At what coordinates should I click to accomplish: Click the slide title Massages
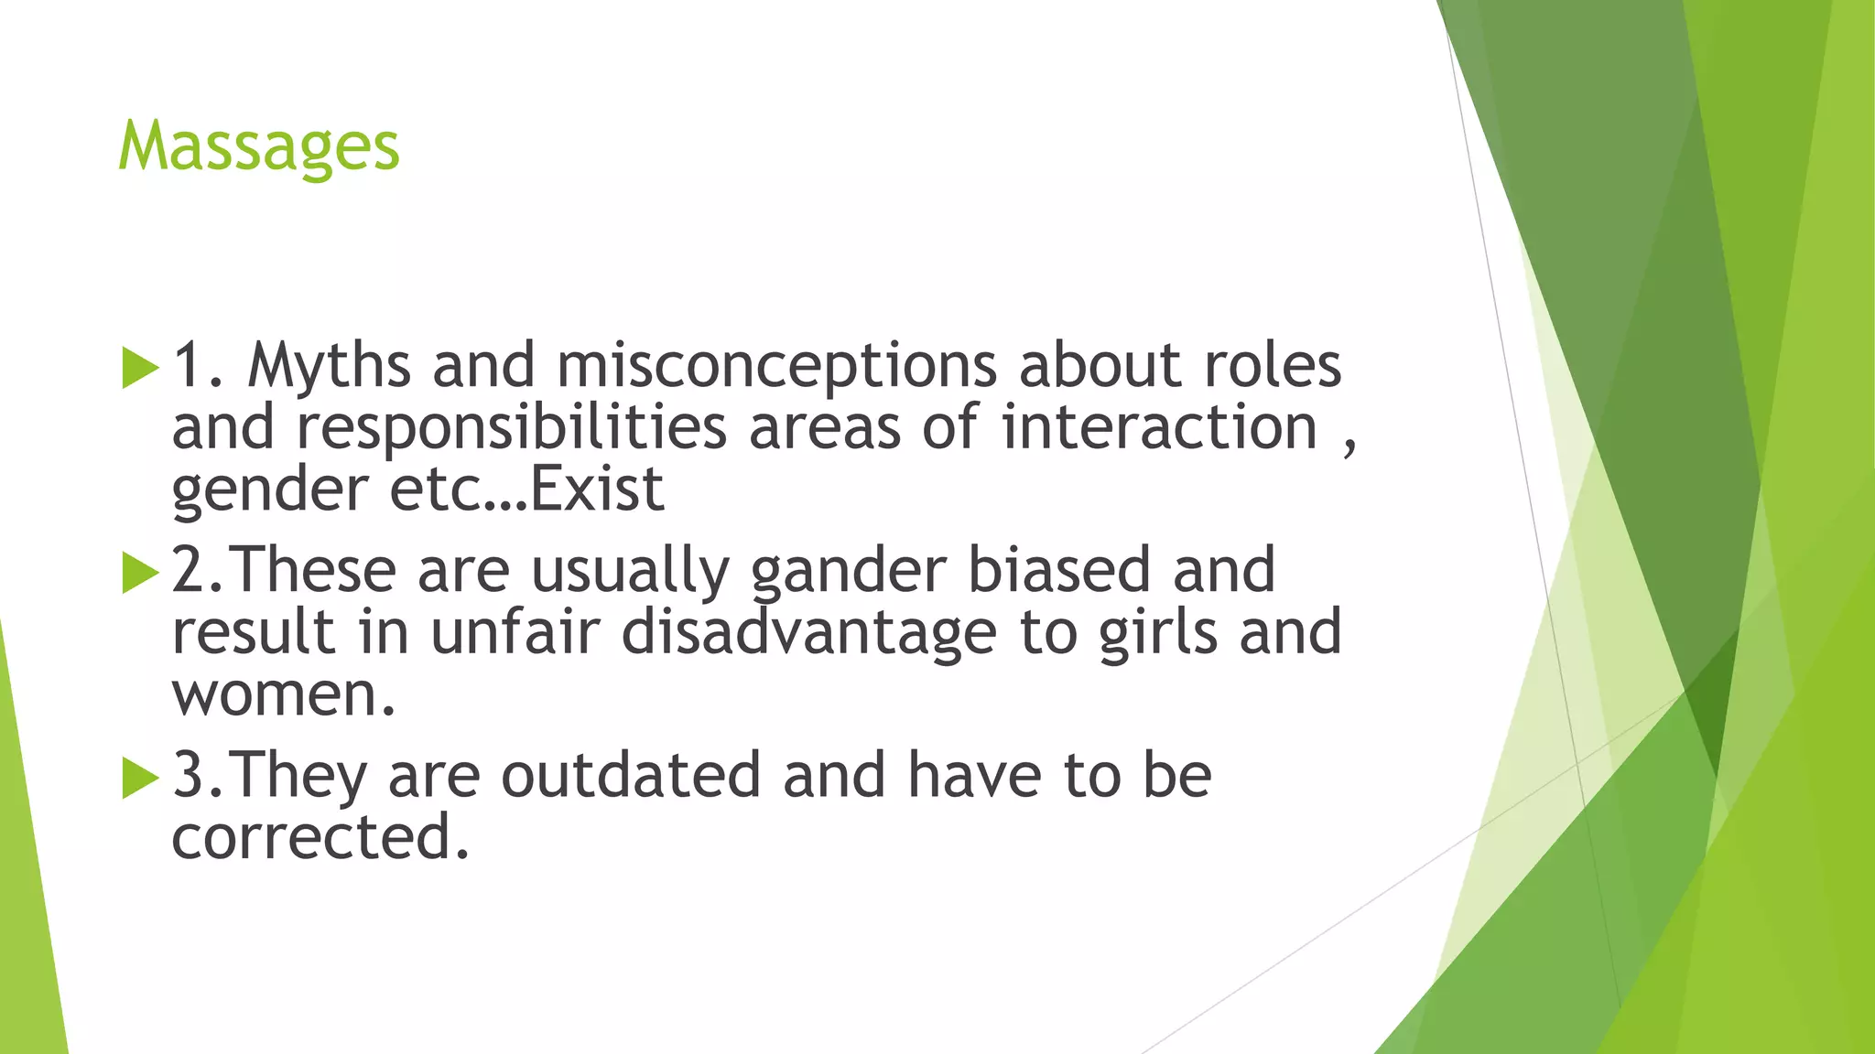click(x=259, y=146)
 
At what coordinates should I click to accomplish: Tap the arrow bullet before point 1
click(x=140, y=367)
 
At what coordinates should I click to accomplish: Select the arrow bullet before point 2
click(x=140, y=573)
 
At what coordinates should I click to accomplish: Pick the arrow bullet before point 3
click(x=140, y=778)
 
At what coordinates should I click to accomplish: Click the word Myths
click(x=329, y=367)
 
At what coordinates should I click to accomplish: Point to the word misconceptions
click(x=776, y=367)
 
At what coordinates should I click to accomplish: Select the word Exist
click(x=597, y=489)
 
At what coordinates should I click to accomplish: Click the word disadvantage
click(x=808, y=632)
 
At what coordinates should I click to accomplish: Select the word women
click(x=283, y=694)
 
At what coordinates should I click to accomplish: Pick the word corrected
click(x=320, y=837)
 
